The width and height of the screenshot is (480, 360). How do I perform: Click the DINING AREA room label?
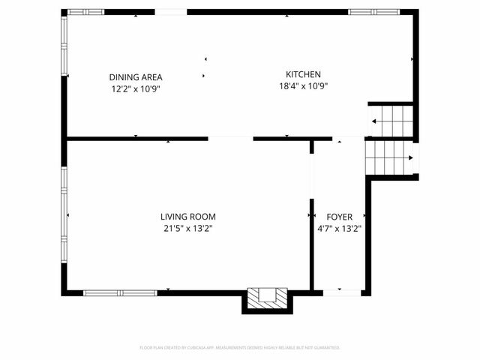pyautogui.click(x=135, y=77)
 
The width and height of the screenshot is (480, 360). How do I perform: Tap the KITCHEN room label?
pyautogui.click(x=303, y=74)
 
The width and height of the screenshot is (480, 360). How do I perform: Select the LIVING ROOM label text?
pyautogui.click(x=187, y=217)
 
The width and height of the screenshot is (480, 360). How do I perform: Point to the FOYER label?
pyautogui.click(x=339, y=217)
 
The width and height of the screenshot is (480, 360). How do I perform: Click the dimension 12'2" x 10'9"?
pyautogui.click(x=135, y=88)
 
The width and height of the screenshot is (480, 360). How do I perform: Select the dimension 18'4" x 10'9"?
pyautogui.click(x=303, y=85)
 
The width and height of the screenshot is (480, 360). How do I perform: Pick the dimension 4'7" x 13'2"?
pyautogui.click(x=339, y=229)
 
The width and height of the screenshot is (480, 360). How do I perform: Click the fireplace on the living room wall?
pyautogui.click(x=267, y=298)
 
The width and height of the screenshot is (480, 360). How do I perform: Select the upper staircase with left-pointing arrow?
pyautogui.click(x=391, y=120)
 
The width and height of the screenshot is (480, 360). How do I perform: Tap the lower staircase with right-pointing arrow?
pyautogui.click(x=388, y=157)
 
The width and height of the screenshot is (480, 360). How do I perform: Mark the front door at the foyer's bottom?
pyautogui.click(x=338, y=292)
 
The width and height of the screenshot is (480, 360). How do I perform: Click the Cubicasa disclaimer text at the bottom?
pyautogui.click(x=240, y=347)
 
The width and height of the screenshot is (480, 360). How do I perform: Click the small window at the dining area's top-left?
pyautogui.click(x=84, y=12)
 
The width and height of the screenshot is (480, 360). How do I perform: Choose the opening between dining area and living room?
pyautogui.click(x=230, y=138)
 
